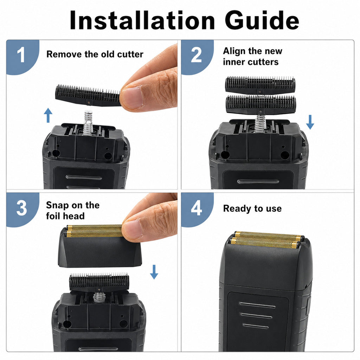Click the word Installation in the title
[142, 20]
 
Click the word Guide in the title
[262, 20]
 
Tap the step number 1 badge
[22, 56]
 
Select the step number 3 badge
[22, 209]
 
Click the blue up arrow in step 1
[48, 115]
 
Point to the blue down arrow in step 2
[310, 122]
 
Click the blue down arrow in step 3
[154, 272]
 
